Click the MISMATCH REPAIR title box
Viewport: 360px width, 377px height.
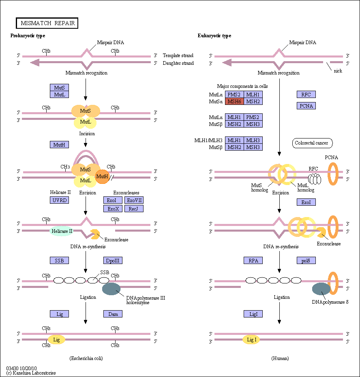47,23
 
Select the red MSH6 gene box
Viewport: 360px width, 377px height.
234,102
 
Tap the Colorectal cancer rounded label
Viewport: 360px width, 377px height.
312,143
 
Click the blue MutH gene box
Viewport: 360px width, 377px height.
60,145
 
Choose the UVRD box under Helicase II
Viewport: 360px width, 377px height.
60,200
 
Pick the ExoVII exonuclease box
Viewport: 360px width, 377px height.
134,200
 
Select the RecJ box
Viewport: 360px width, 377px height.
134,209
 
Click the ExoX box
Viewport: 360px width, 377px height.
113,209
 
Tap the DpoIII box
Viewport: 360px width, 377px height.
113,260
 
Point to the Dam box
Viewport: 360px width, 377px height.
113,314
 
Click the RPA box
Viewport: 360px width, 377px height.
253,260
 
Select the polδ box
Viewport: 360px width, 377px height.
306,260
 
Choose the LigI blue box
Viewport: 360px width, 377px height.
253,314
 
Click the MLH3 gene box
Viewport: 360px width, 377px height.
253,140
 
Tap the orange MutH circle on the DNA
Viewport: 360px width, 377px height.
102,177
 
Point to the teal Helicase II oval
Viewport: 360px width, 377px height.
62,231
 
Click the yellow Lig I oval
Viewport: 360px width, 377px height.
251,340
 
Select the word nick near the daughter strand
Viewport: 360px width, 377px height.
338,71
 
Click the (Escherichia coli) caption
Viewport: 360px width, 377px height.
86,358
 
